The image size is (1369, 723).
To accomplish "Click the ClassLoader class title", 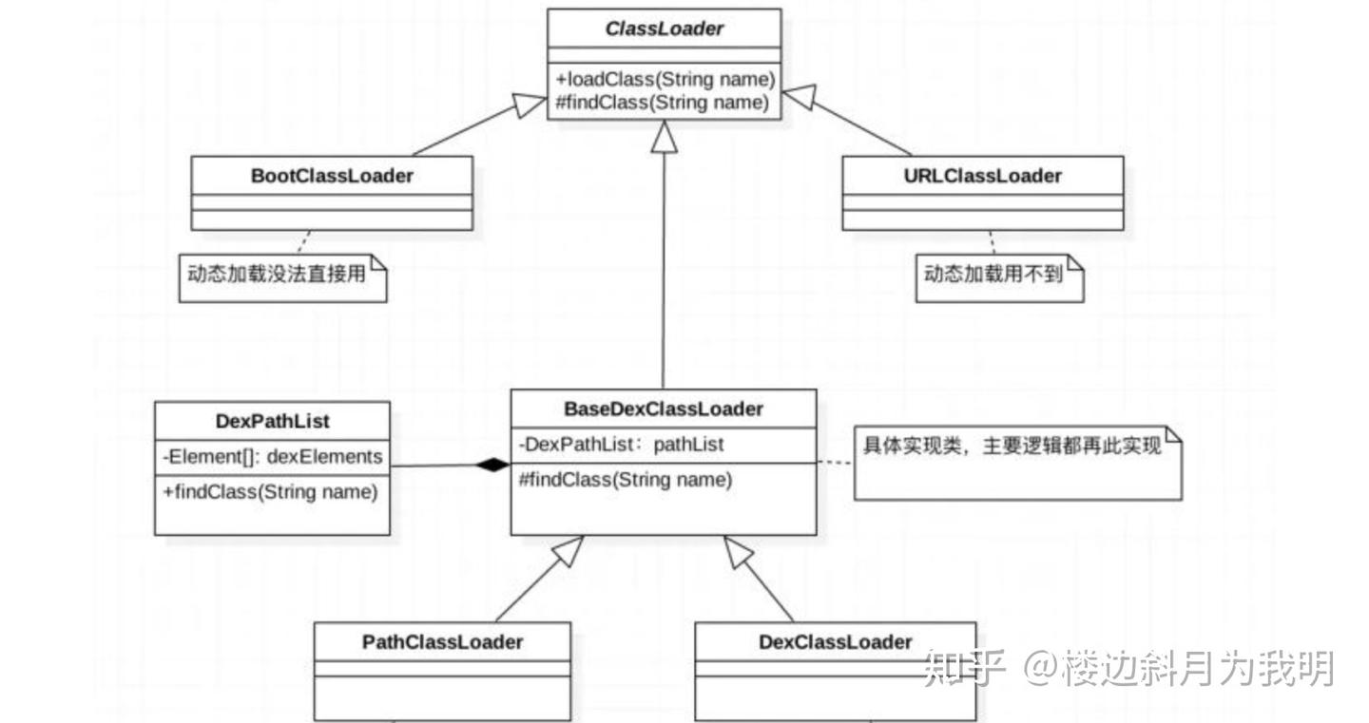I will [x=664, y=29].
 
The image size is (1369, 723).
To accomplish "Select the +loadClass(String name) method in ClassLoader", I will [x=665, y=79].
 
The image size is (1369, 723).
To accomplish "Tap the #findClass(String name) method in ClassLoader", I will [x=662, y=103].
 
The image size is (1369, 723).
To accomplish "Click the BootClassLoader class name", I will [x=332, y=176].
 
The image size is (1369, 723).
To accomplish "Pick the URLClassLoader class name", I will [x=983, y=176].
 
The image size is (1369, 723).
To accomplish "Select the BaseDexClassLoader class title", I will [x=664, y=409].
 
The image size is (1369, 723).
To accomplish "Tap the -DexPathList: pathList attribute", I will [x=621, y=444].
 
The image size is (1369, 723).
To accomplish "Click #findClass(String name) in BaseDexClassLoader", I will [x=626, y=480].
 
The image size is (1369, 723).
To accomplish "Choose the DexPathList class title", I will [x=272, y=421].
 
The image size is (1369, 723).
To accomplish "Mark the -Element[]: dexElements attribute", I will [x=272, y=457].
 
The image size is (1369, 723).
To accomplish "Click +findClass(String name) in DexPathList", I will [x=270, y=492].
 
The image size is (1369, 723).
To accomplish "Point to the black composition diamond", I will [x=493, y=465].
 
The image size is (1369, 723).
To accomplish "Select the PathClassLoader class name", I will [x=442, y=642].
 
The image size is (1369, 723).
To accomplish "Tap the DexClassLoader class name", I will [x=835, y=642].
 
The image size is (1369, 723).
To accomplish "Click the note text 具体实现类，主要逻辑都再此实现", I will [x=1012, y=446].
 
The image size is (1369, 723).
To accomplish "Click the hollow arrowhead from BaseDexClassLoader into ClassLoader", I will [x=664, y=138].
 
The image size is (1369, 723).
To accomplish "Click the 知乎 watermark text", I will [x=964, y=668].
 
